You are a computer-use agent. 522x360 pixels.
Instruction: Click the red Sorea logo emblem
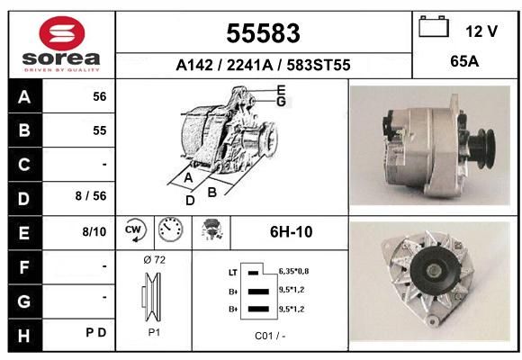pyautogui.click(x=62, y=33)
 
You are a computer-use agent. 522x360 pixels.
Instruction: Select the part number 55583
pyautogui.click(x=264, y=33)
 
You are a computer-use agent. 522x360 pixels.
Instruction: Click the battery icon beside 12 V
pyautogui.click(x=434, y=26)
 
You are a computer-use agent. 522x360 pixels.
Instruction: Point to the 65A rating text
pyautogui.click(x=464, y=61)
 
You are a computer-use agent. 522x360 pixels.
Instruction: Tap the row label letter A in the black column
pyautogui.click(x=24, y=97)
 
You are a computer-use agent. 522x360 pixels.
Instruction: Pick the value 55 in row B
pyautogui.click(x=100, y=130)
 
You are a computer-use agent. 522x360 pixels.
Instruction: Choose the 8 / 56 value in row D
pyautogui.click(x=91, y=196)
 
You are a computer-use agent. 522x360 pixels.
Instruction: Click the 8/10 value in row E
pyautogui.click(x=94, y=231)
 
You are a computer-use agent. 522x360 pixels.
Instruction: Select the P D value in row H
pyautogui.click(x=96, y=332)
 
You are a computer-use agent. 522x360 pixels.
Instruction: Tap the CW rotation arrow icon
pyautogui.click(x=136, y=229)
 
